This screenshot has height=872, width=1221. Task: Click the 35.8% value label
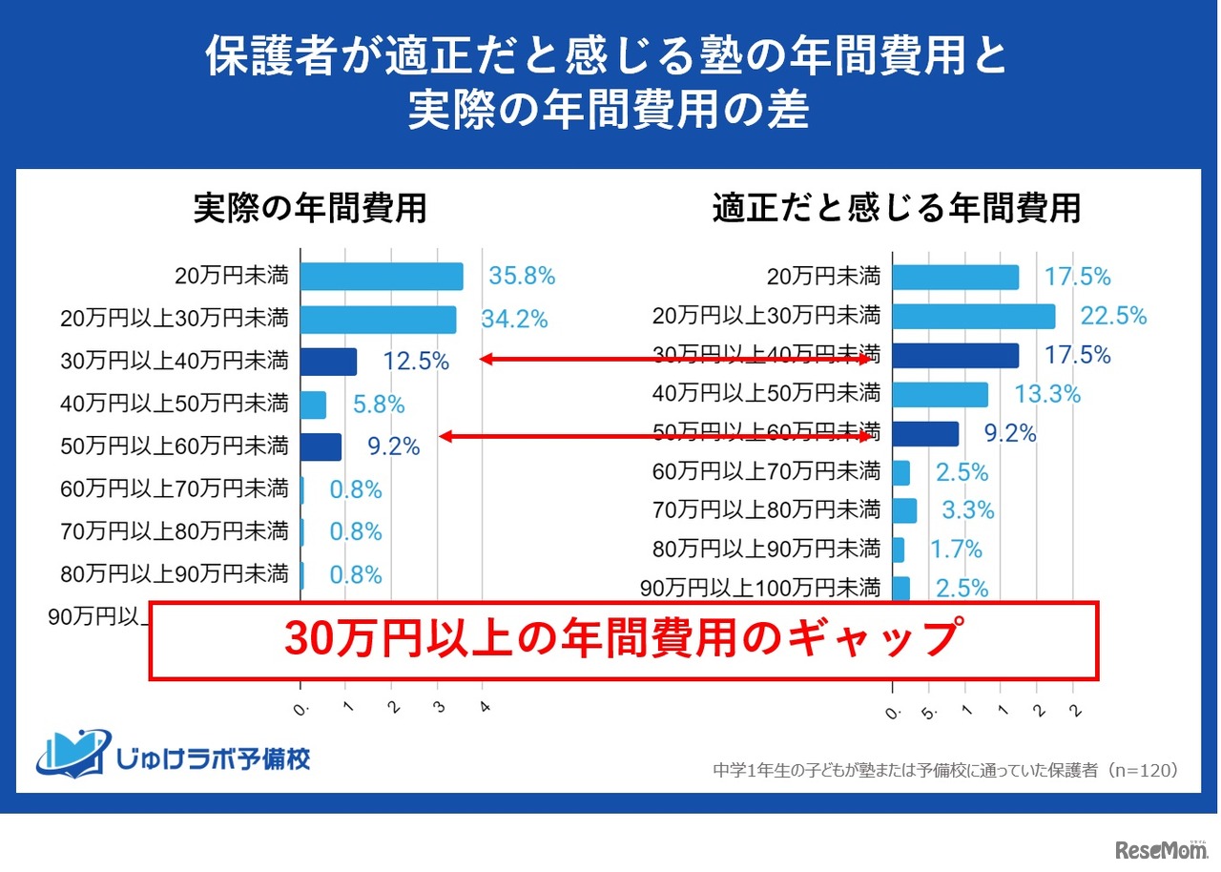pos(522,277)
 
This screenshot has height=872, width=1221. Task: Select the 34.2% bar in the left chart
pos(379,320)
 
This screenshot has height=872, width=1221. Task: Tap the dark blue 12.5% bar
pos(328,362)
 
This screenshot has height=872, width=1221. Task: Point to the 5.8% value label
pos(379,405)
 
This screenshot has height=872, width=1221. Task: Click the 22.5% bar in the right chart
pos(974,316)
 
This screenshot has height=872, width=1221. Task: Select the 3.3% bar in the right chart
pos(904,510)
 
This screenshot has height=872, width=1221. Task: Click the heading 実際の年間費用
pos(310,209)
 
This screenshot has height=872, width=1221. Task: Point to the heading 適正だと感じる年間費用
pos(897,209)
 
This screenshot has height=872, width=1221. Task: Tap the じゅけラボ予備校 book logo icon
pos(72,753)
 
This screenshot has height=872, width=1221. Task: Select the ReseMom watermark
pos(1160,850)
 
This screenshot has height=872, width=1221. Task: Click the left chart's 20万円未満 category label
pos(232,277)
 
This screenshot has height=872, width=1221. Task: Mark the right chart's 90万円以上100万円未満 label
pos(760,588)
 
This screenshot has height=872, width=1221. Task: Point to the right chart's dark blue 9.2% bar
pos(925,434)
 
